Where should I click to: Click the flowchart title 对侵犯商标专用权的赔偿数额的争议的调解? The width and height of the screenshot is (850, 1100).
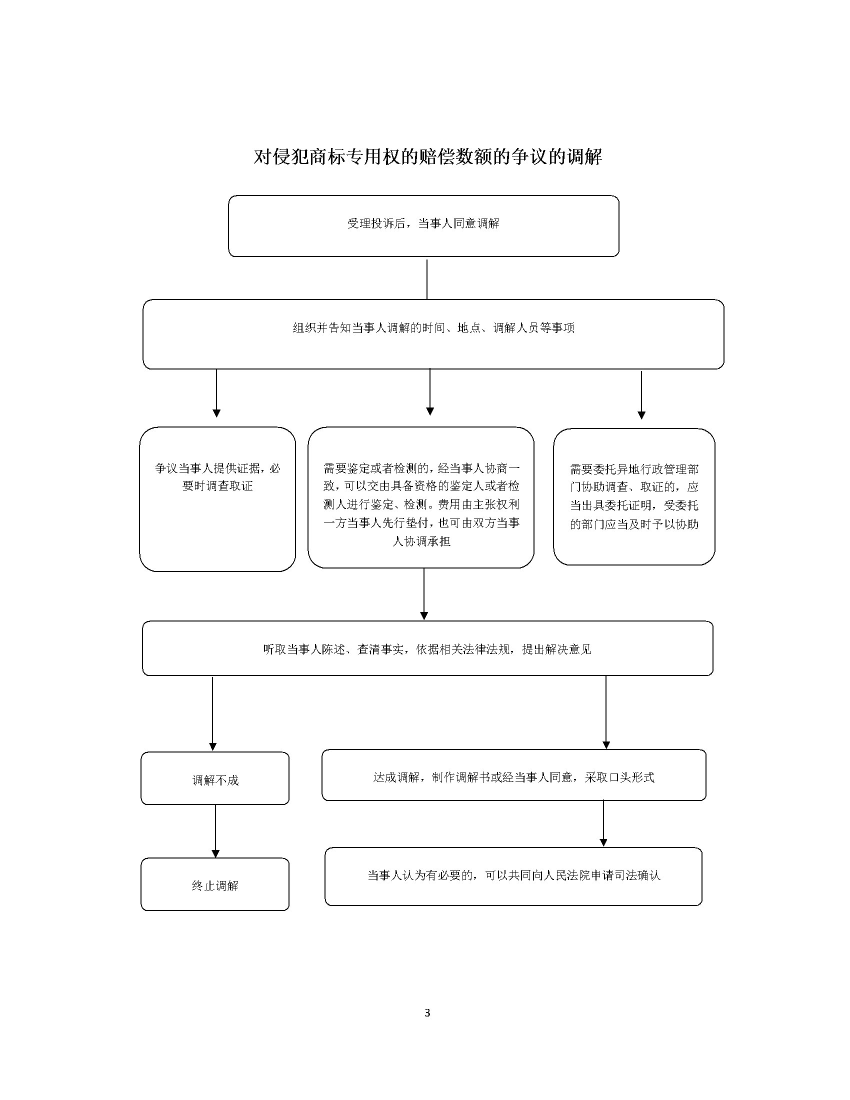point(427,156)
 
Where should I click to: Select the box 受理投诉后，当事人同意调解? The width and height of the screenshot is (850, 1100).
point(423,226)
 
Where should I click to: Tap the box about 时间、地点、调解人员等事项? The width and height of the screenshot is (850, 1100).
point(433,334)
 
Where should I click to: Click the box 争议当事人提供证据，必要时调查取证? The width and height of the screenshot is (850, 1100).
point(217,499)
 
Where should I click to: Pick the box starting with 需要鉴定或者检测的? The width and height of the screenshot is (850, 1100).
point(421,497)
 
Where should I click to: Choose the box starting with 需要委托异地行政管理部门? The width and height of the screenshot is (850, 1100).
point(634,496)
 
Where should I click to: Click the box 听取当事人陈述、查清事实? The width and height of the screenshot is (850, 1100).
point(427,648)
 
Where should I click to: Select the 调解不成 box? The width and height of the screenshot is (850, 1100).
point(215,778)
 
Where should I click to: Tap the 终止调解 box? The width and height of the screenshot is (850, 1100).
point(215,884)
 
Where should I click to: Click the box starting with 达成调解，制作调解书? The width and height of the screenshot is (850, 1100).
point(513,775)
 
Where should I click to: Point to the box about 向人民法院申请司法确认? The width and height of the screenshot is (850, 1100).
point(513,876)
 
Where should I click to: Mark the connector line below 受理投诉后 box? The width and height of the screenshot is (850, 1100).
point(427,279)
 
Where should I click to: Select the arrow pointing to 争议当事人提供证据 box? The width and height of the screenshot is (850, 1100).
point(216,393)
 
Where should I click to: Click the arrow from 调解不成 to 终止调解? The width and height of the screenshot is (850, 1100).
point(215,831)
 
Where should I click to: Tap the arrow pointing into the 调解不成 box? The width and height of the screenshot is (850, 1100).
point(212,713)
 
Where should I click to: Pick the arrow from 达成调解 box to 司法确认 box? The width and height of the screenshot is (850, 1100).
point(603,823)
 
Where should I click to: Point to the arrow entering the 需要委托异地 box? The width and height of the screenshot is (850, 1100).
point(641,395)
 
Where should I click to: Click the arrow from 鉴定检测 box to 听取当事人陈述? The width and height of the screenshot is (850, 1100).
point(424,594)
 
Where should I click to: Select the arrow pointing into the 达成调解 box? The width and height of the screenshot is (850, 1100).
point(606,712)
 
